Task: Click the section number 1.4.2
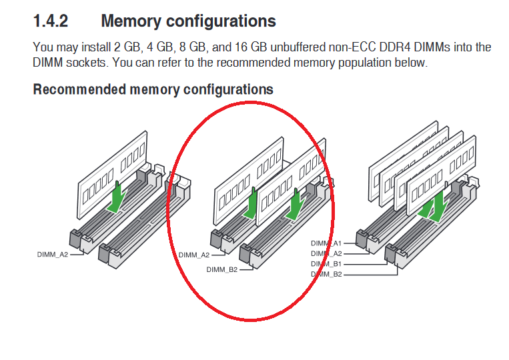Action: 51,21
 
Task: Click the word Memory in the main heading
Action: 131,21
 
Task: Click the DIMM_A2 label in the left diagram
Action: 53,255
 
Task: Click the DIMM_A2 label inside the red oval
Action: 194,255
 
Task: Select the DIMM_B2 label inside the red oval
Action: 222,269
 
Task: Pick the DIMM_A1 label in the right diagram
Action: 326,243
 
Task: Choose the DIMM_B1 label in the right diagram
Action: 326,264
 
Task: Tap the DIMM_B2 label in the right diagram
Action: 326,274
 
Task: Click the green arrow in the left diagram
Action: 116,197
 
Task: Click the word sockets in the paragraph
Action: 87,63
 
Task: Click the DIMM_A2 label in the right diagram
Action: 326,253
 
